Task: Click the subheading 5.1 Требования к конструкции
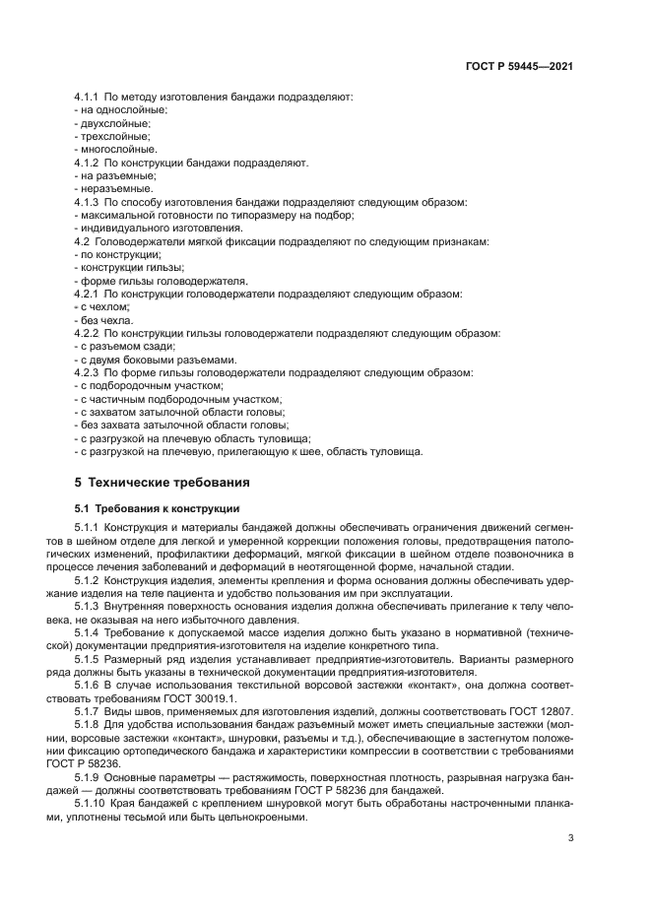[x=144, y=508]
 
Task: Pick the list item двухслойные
[x=114, y=124]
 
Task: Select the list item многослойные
[x=116, y=150]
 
